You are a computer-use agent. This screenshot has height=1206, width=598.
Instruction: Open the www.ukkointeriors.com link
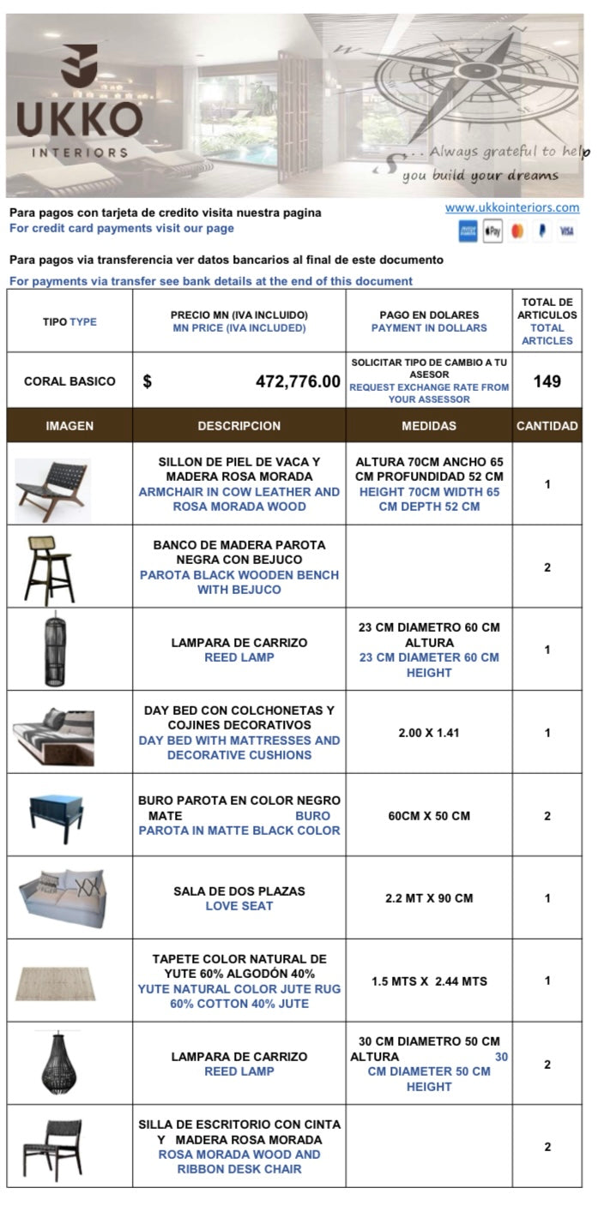tap(512, 207)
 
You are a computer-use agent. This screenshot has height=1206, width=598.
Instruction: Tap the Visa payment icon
tap(566, 231)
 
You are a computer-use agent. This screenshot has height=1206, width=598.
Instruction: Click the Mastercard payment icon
tap(517, 231)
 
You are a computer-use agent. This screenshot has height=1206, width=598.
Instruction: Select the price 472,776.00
tap(298, 381)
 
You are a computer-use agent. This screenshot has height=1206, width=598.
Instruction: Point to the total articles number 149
tap(547, 381)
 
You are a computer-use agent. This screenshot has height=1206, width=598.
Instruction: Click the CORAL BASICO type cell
tap(69, 381)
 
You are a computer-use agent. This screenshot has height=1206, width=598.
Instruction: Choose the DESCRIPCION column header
tap(239, 426)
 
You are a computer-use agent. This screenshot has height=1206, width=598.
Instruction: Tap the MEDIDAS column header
tap(429, 426)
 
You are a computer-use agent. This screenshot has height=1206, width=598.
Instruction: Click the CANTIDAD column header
tap(547, 426)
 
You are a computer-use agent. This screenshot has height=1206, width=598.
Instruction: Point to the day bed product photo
tap(52, 732)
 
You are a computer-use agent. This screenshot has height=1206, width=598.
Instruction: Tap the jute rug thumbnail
tap(57, 982)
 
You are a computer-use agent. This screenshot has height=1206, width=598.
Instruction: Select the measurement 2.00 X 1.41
tap(429, 733)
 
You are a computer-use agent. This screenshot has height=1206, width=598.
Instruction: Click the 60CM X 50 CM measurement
tap(429, 816)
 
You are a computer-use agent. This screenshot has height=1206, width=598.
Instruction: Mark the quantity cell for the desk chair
tap(547, 1147)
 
